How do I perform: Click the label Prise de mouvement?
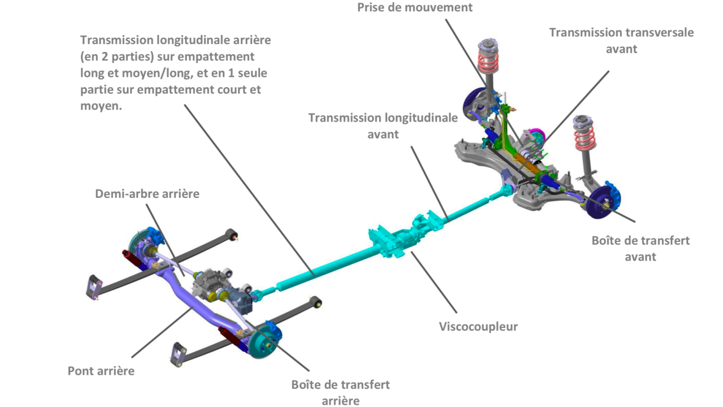pyautogui.click(x=415, y=7)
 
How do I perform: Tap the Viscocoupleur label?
pyautogui.click(x=478, y=326)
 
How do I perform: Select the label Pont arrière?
pyautogui.click(x=101, y=371)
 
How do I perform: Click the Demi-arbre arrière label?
pyautogui.click(x=147, y=194)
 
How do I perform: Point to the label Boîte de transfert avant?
pyautogui.click(x=641, y=248)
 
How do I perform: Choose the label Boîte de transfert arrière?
pyautogui.click(x=341, y=393)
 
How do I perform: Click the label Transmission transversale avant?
pyautogui.click(x=621, y=41)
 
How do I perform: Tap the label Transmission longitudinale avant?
pyautogui.click(x=383, y=125)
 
